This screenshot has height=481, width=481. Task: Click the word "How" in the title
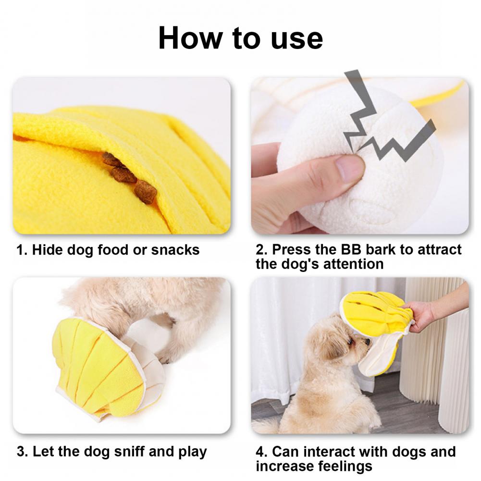pos(190,38)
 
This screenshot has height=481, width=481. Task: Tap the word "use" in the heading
pos(296,40)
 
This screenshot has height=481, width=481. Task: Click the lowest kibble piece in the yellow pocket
pos(146,192)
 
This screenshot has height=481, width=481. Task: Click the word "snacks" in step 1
pos(175,250)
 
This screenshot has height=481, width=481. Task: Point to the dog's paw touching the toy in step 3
pos(166,358)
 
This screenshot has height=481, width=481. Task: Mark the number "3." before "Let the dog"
pos(23,452)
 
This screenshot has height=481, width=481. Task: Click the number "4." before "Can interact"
pos(262,452)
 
